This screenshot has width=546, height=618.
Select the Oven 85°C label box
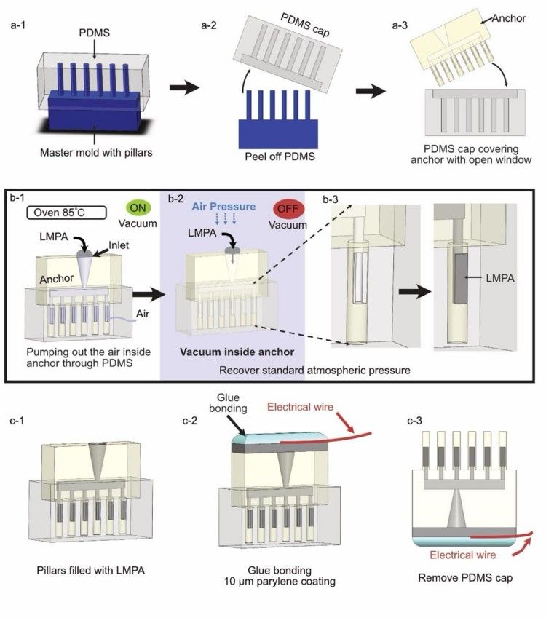point(59,214)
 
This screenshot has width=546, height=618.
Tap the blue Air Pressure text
point(222,207)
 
